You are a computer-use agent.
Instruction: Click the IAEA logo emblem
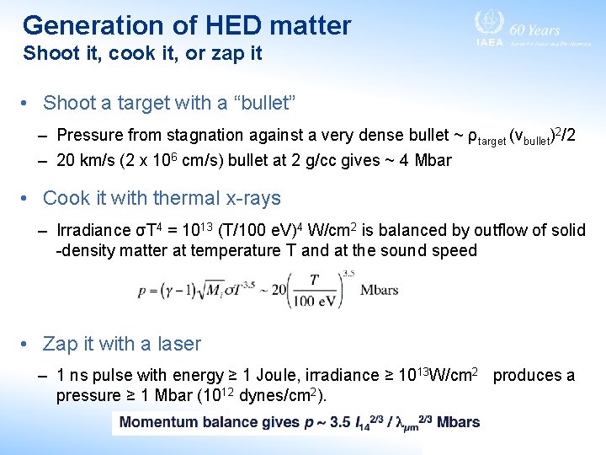tap(488, 23)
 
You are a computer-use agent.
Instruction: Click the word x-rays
tap(252, 199)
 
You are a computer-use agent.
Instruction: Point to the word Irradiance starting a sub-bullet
tap(93, 230)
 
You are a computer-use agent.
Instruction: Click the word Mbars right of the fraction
tap(380, 290)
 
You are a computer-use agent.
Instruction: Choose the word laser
tap(179, 344)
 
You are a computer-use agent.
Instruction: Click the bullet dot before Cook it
tap(26, 199)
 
